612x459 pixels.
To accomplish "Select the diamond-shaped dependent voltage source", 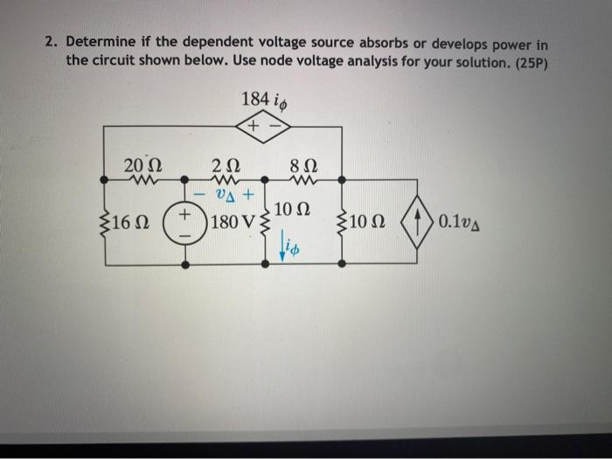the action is (263, 128).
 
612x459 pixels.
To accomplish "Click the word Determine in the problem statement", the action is (104, 42).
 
